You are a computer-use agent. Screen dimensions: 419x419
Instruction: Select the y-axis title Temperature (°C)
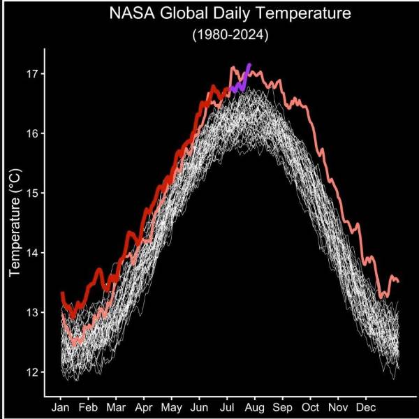point(16,223)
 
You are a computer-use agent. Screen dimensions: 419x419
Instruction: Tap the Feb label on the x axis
point(88,406)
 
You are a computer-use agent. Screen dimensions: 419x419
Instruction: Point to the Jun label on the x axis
point(199,406)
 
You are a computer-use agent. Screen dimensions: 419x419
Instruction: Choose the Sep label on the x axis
point(283,406)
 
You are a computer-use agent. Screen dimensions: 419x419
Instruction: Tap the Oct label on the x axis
point(311,406)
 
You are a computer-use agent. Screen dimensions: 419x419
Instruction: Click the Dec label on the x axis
point(366,406)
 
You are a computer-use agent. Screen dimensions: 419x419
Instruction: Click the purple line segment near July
point(241,82)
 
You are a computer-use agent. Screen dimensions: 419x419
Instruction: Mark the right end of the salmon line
point(398,281)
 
